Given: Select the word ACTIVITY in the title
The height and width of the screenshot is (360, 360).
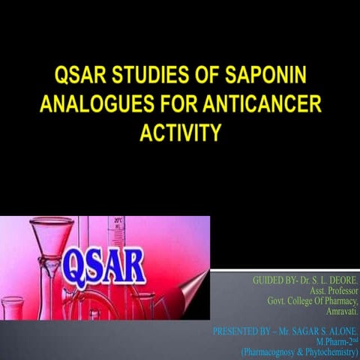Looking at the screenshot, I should (x=180, y=133).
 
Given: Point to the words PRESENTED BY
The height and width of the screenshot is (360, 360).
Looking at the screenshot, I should (x=244, y=329).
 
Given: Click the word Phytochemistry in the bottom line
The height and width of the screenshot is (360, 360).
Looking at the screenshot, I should (x=327, y=349).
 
